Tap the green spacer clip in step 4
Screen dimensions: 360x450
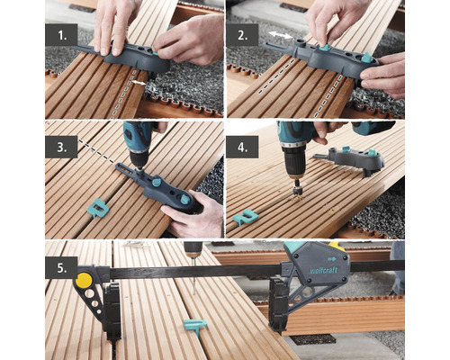[x=245, y=217]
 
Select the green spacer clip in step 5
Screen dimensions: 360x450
[x=194, y=325]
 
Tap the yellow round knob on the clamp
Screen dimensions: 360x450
[x=84, y=281]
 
